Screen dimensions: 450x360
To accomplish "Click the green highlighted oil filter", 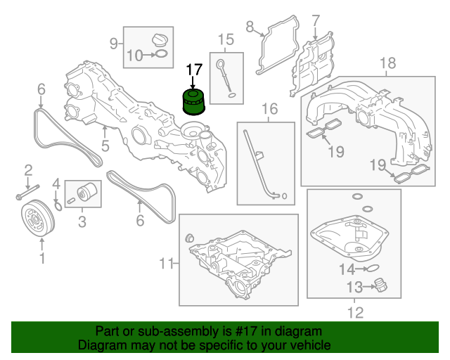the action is [x=194, y=102].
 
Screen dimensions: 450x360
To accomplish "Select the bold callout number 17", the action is [x=194, y=70].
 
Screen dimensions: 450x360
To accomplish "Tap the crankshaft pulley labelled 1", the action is [x=38, y=218].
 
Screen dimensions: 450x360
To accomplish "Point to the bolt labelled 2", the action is [x=27, y=192].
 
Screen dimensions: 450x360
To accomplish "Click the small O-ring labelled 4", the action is [x=58, y=206].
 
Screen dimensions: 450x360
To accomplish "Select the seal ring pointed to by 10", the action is [x=161, y=53].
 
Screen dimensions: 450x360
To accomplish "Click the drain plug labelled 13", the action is [x=380, y=285].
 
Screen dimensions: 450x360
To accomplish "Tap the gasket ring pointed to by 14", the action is [x=372, y=269].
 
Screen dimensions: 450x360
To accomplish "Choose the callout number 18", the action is [x=387, y=63].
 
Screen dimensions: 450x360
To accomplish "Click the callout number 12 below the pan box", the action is [x=355, y=313].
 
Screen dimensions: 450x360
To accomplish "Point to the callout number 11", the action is [x=166, y=263].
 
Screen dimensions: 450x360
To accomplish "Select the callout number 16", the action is [x=270, y=109].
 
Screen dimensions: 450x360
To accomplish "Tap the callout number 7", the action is [x=316, y=21].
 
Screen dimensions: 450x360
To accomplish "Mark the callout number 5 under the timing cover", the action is [x=105, y=146].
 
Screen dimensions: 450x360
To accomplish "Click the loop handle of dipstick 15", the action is [x=221, y=63].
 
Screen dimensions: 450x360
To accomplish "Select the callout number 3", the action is [x=82, y=221].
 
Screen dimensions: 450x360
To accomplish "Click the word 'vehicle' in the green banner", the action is [x=313, y=345].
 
